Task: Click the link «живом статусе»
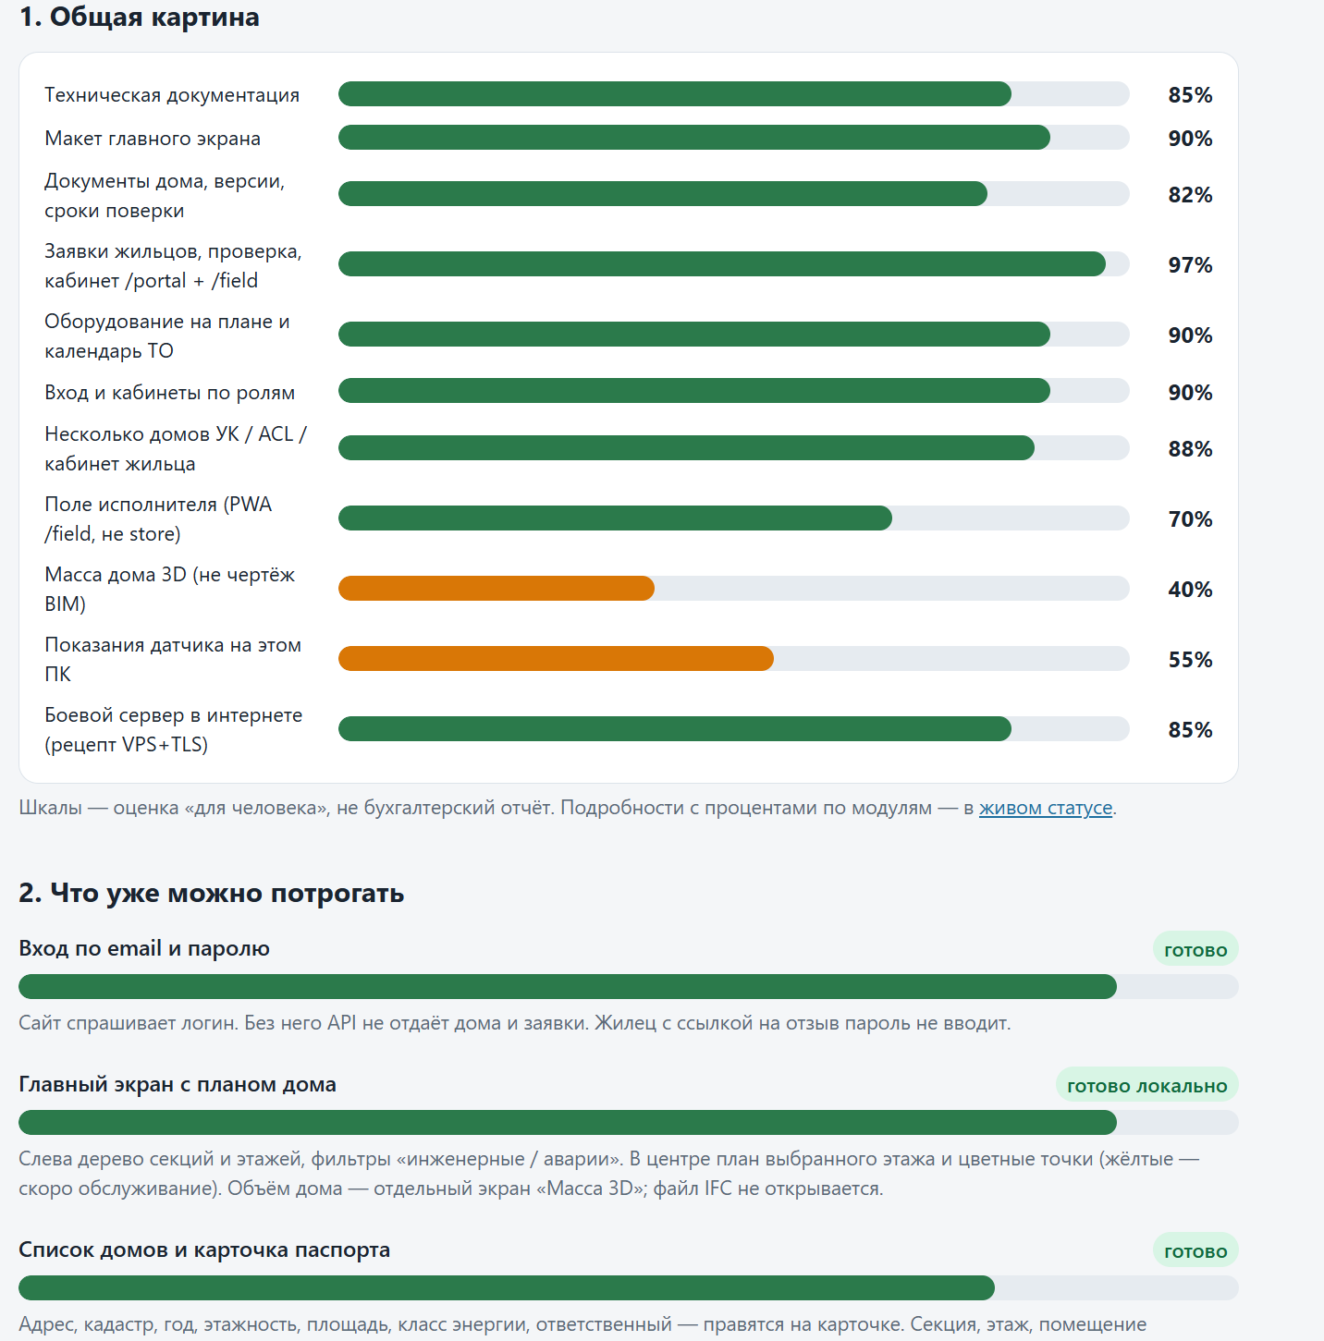(x=1046, y=807)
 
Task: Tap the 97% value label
(x=1190, y=265)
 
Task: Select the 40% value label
(x=1190, y=590)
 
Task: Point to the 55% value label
(x=1190, y=660)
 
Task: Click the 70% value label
(x=1190, y=519)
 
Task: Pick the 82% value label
(x=1190, y=195)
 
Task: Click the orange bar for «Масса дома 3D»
(x=496, y=589)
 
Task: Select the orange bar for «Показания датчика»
(x=556, y=659)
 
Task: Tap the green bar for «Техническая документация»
(x=675, y=94)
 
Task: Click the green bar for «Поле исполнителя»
(x=615, y=518)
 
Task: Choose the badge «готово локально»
(x=1147, y=1086)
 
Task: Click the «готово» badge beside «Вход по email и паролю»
(x=1195, y=950)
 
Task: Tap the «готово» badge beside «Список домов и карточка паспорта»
(x=1195, y=1251)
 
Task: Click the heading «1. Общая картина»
(x=140, y=17)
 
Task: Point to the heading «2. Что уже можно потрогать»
(x=212, y=893)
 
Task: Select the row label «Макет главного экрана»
(x=153, y=139)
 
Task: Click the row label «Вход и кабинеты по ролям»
(x=170, y=393)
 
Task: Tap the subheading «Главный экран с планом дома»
(x=178, y=1084)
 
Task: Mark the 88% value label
(x=1190, y=449)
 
